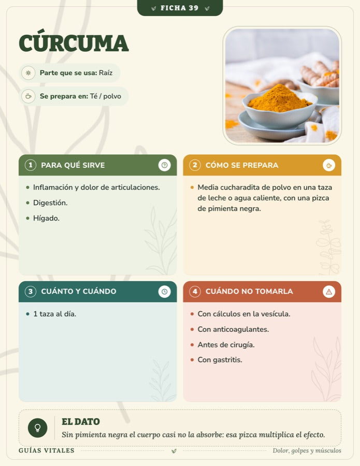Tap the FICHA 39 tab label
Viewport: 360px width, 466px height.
[x=180, y=8]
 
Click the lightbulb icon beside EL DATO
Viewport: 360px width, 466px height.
[x=37, y=428]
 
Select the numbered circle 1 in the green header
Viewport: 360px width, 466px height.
[x=31, y=165]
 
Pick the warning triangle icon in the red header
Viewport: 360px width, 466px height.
[x=329, y=292]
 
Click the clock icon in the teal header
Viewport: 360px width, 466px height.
[x=164, y=292]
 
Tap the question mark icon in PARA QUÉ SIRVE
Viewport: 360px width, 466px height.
[x=164, y=165]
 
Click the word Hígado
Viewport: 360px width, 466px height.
[x=47, y=218]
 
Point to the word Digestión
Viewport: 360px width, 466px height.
[x=50, y=202]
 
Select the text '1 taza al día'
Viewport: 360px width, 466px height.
[x=55, y=314]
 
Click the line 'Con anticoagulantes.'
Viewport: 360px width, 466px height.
[x=233, y=329]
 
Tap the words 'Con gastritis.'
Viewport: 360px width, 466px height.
[x=220, y=360]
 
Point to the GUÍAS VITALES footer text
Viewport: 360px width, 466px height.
[x=47, y=450]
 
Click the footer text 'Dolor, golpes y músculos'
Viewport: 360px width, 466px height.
[x=307, y=450]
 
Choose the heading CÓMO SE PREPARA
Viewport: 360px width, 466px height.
[x=242, y=165]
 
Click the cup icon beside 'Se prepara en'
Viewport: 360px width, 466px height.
[x=28, y=96]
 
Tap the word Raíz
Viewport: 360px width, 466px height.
[x=106, y=73]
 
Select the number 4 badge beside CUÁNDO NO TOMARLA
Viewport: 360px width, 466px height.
[x=195, y=291]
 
